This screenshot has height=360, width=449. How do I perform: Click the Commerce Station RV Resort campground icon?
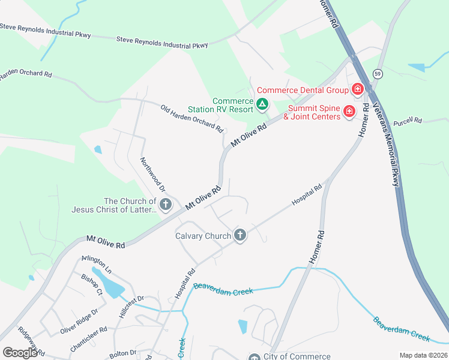262,105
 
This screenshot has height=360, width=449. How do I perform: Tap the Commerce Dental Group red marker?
358,90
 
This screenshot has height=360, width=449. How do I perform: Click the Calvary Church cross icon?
240,235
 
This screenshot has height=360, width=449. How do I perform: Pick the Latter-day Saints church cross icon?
166,205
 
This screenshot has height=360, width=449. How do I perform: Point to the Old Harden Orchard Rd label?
191,118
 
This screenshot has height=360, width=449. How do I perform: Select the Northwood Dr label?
152,175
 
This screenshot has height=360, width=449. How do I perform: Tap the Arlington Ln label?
97,262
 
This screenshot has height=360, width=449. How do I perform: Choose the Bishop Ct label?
92,282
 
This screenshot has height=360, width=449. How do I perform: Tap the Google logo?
20,353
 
